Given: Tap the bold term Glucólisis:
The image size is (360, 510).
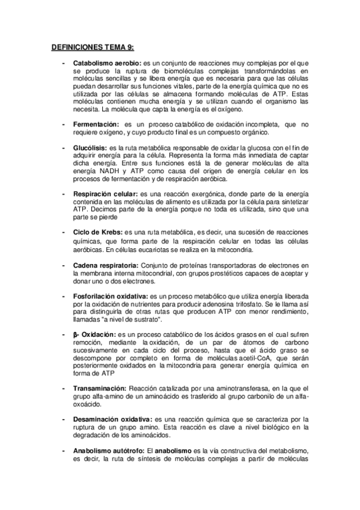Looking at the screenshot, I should point(91,147).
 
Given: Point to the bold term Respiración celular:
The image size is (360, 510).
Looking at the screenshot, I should point(106,194).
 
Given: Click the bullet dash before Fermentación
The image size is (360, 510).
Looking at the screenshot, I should point(64,124).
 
